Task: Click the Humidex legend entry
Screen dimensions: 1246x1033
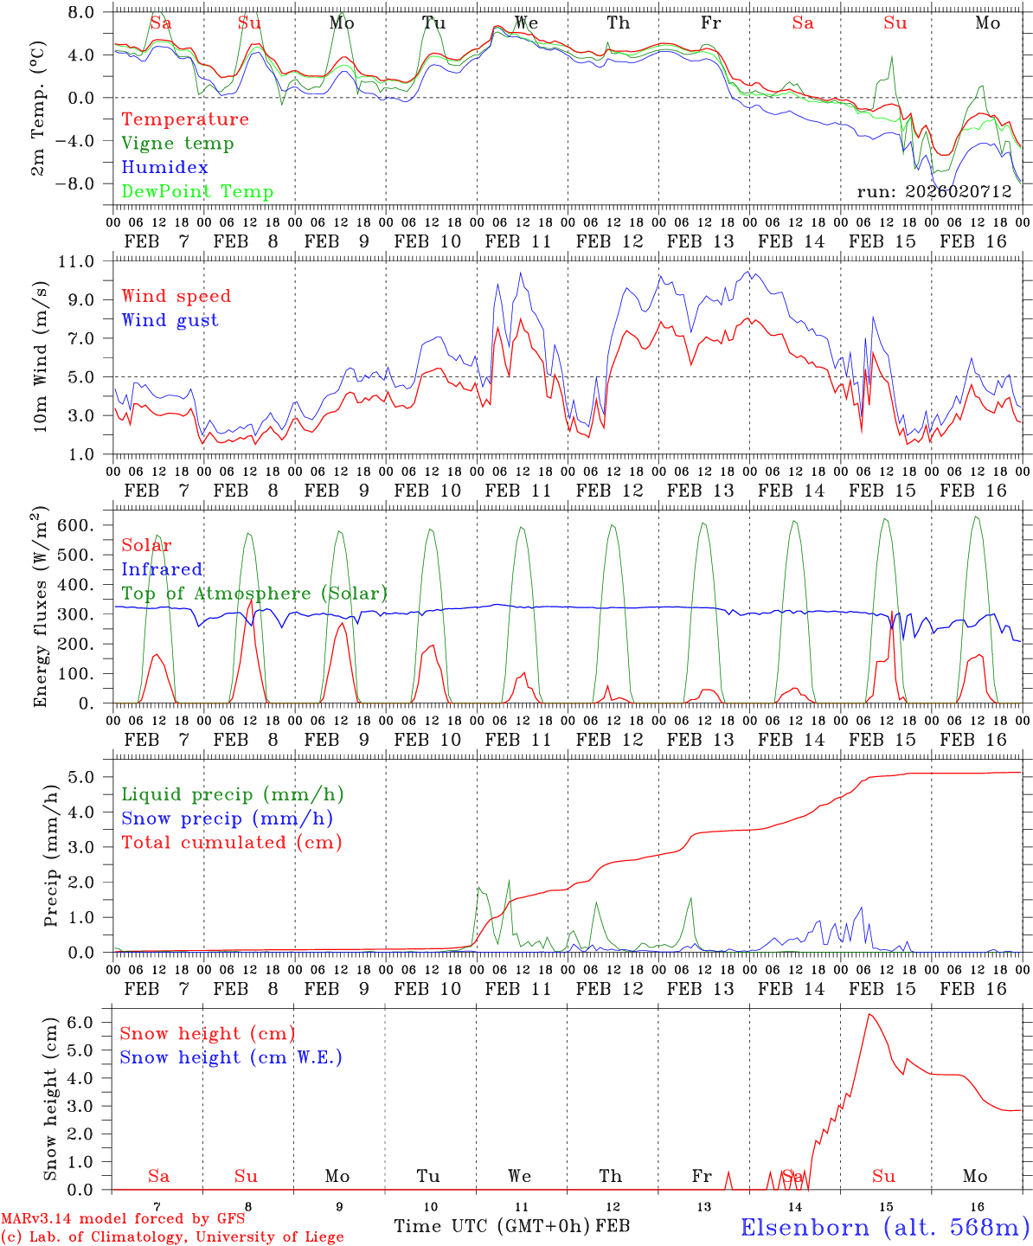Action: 164,168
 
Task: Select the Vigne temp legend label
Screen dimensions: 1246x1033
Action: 177,144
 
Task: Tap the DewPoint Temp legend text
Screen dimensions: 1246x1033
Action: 197,192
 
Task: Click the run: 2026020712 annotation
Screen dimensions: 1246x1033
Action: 934,192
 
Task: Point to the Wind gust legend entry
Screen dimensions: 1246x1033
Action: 170,320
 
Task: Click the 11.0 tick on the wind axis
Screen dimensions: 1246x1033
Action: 86,261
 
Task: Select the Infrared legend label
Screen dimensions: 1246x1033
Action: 162,569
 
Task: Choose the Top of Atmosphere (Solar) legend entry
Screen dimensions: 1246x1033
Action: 253,594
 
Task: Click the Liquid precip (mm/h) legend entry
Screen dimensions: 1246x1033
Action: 232,794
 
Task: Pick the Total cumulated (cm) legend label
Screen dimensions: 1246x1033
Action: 231,843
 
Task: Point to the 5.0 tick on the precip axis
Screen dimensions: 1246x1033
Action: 90,777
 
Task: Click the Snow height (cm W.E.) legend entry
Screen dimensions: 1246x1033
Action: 230,1057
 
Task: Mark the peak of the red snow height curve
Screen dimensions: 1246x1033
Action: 869,1014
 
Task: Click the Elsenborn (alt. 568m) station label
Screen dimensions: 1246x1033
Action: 884,1227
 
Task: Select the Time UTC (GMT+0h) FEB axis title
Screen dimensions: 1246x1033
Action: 511,1226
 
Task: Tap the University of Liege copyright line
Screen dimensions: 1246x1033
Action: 172,1237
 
